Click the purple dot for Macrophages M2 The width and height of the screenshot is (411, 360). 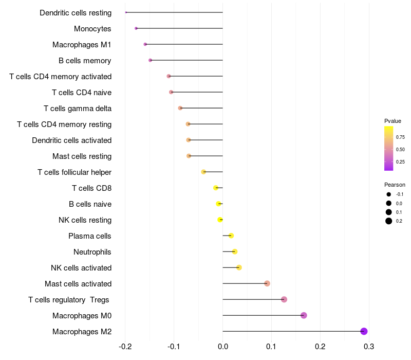[x=364, y=331]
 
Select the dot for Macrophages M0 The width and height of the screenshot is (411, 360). [x=304, y=315]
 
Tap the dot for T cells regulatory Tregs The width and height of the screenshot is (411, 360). [x=284, y=299]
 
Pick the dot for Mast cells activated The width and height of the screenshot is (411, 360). [x=267, y=283]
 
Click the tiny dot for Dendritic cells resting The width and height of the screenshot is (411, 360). [x=126, y=12]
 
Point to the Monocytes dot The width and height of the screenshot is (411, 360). [x=136, y=28]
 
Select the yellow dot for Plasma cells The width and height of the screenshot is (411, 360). [x=231, y=236]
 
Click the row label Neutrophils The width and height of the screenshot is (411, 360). [x=92, y=252]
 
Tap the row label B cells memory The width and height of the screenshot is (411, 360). [x=85, y=61]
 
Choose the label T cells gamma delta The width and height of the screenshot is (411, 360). [x=78, y=109]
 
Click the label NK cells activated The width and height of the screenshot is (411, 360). [x=81, y=268]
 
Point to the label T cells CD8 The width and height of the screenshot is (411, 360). [x=91, y=188]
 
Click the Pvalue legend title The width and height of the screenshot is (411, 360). [x=393, y=121]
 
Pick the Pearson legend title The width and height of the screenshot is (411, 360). [x=395, y=185]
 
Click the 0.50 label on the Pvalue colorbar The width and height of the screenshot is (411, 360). [x=400, y=149]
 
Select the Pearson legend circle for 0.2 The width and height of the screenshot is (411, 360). [x=389, y=221]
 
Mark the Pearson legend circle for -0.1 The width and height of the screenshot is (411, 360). [x=389, y=194]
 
